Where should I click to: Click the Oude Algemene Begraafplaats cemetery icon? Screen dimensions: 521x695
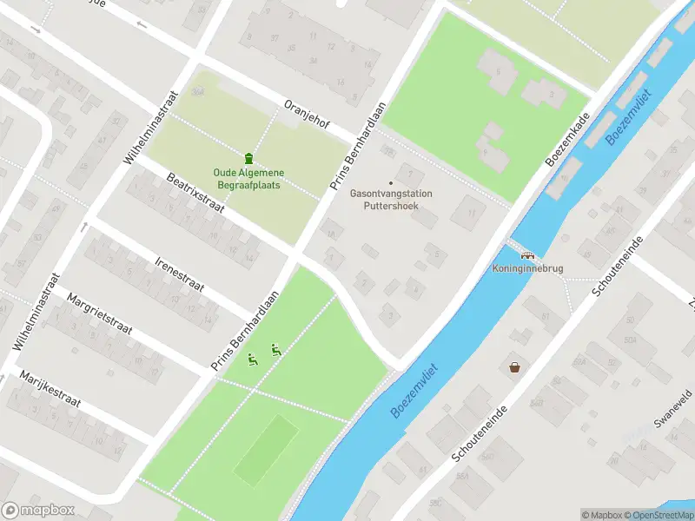click(249, 158)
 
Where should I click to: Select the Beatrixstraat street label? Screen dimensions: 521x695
click(195, 192)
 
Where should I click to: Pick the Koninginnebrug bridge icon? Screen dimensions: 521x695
click(526, 255)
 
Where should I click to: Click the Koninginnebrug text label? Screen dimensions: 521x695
click(527, 268)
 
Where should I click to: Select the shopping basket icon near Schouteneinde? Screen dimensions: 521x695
click(515, 367)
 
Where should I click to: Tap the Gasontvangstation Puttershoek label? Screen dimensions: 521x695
click(390, 201)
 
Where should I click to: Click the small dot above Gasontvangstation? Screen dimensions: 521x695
click(390, 182)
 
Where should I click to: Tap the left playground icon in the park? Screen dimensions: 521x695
click(253, 359)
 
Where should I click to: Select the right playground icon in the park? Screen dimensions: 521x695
click(275, 350)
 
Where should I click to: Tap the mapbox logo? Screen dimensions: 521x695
click(38, 511)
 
